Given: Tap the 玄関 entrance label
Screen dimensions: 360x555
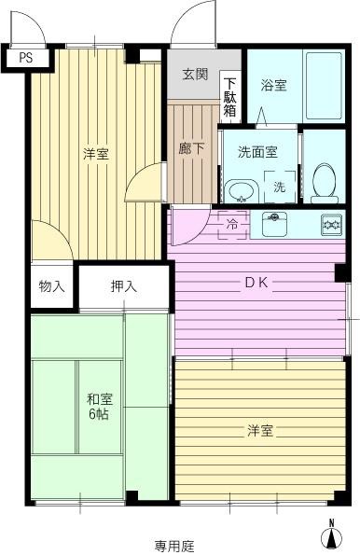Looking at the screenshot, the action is (195, 74).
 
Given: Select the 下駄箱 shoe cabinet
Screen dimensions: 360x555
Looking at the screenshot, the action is (229, 97).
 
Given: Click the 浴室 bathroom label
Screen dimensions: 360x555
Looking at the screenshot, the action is (273, 85).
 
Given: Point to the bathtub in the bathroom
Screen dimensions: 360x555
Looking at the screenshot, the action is (324, 86).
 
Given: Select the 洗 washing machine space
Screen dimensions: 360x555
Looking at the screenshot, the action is (280, 187).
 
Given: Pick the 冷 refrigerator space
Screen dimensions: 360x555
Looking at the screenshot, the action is (232, 225).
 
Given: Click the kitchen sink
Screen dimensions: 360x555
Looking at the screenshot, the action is (274, 224).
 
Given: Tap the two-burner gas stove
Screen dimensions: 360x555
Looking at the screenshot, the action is (332, 225).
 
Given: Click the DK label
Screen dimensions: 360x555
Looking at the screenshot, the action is (257, 283).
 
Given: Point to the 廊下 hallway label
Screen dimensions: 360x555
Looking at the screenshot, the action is (191, 148).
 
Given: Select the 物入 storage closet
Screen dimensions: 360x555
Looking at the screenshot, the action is (51, 286).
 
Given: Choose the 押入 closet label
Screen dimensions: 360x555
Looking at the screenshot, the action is (124, 286).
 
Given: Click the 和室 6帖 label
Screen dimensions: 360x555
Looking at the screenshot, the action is (100, 407).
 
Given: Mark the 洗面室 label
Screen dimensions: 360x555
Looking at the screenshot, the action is (257, 152).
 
